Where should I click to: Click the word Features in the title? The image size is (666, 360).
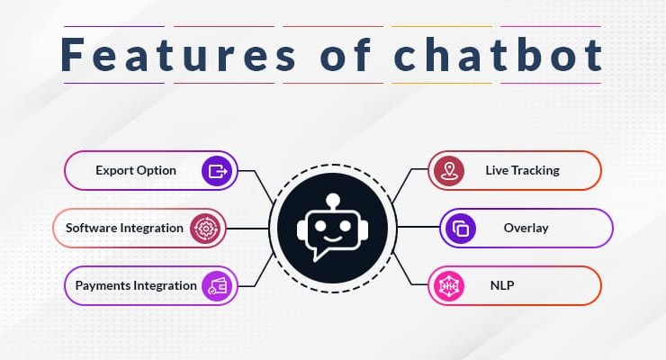tap(178, 55)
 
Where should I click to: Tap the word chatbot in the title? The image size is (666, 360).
tap(498, 55)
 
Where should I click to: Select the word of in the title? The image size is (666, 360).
tap(346, 55)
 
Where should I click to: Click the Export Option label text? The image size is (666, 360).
tap(136, 171)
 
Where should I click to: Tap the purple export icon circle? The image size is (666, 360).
tap(217, 171)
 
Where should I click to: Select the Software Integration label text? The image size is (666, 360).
tap(124, 228)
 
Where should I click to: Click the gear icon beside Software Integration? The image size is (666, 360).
tap(205, 229)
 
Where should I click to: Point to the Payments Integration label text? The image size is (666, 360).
tap(136, 285)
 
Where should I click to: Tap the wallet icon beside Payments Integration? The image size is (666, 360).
tap(217, 286)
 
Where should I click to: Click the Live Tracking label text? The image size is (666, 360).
tap(522, 170)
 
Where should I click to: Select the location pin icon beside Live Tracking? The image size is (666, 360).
tap(448, 171)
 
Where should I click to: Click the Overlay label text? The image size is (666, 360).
tap(526, 228)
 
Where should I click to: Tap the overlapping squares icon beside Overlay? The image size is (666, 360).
tap(461, 229)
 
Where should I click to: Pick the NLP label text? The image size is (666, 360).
tap(502, 285)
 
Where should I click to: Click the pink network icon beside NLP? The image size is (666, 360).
tap(448, 286)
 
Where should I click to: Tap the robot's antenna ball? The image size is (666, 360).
tap(333, 199)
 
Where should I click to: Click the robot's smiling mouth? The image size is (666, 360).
tap(333, 239)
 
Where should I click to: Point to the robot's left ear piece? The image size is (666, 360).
tap(301, 229)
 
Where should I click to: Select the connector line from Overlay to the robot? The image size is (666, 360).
tap(418, 227)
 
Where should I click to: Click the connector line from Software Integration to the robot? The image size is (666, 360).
tap(247, 229)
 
